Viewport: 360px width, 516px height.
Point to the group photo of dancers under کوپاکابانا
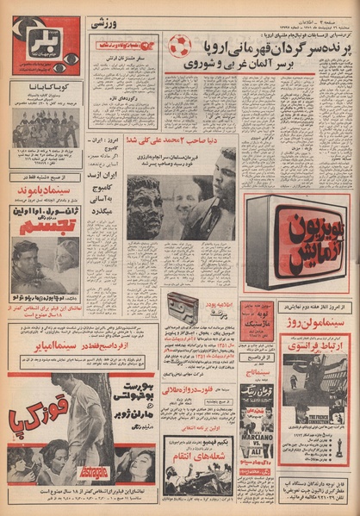point(45,128)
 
